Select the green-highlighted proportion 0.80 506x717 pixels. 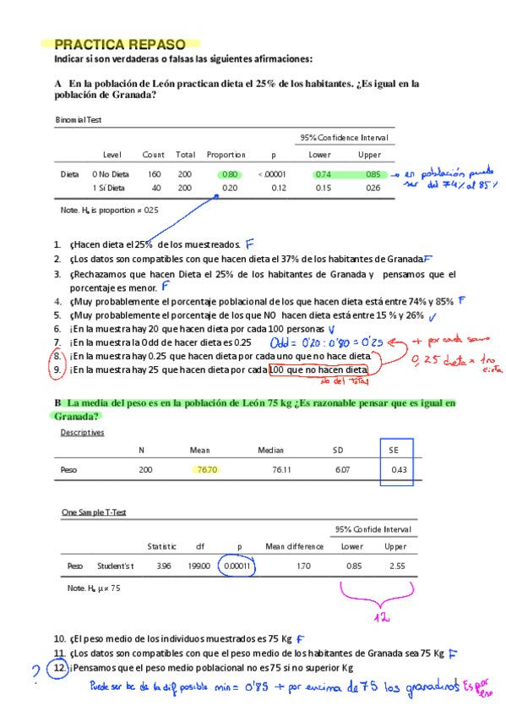click(230, 174)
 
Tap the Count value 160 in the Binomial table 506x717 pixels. click(155, 174)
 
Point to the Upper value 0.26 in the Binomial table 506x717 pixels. click(373, 188)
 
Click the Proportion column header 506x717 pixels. click(226, 155)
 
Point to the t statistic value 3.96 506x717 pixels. click(164, 566)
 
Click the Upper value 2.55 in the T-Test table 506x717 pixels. click(395, 566)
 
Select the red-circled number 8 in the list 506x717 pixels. click(57, 357)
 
